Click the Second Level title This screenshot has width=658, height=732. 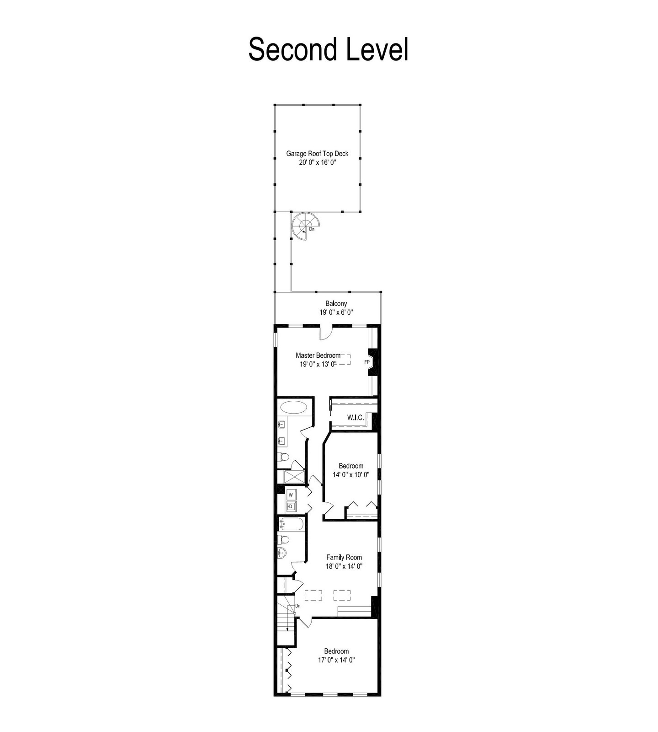click(328, 49)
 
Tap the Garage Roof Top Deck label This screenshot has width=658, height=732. click(317, 154)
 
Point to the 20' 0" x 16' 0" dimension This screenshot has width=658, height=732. click(317, 162)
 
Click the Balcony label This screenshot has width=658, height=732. click(336, 303)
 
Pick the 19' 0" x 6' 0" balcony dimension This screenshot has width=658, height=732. click(336, 312)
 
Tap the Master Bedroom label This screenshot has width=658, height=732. click(318, 355)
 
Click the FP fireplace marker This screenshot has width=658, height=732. click(366, 362)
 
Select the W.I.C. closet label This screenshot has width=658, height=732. click(356, 417)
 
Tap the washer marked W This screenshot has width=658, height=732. click(291, 495)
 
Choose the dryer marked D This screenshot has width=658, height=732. click(291, 506)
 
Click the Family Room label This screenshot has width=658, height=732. click(344, 557)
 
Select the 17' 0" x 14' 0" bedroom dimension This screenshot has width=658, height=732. click(337, 660)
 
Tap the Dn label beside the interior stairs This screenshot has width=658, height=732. click(297, 606)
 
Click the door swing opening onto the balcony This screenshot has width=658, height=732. click(326, 333)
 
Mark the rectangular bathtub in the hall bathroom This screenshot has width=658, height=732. click(291, 524)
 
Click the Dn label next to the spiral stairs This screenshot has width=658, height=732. click(312, 229)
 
